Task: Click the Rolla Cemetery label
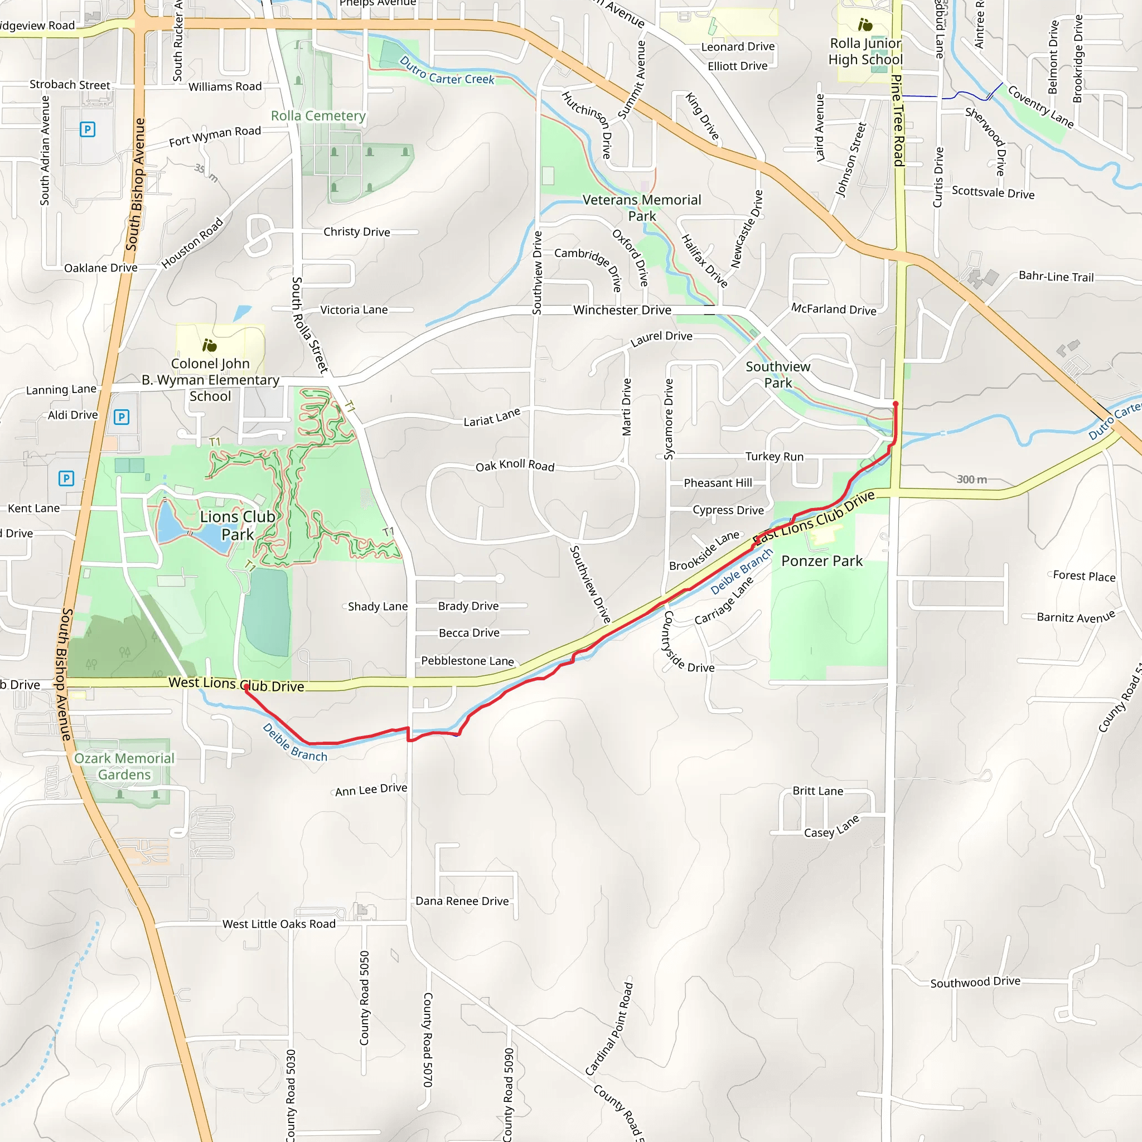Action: point(318,116)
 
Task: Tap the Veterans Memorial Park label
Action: point(642,208)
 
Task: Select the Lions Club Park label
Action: point(238,525)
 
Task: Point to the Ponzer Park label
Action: point(821,561)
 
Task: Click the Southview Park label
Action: point(778,375)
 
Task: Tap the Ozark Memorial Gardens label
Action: point(124,766)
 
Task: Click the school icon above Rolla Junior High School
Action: point(865,25)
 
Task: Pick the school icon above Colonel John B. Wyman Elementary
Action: point(209,345)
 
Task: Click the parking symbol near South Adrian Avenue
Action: point(88,129)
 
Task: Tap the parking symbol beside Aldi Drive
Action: point(121,417)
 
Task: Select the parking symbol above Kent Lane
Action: point(66,478)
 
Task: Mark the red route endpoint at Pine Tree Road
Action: point(896,404)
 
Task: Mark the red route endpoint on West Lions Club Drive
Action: point(246,687)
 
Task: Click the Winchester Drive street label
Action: point(622,309)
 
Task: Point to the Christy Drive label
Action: point(356,232)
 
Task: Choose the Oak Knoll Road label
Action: point(515,466)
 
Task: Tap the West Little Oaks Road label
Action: point(279,924)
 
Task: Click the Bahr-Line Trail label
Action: point(1056,276)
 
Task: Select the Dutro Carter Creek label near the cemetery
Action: point(447,71)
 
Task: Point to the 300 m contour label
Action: point(972,480)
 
